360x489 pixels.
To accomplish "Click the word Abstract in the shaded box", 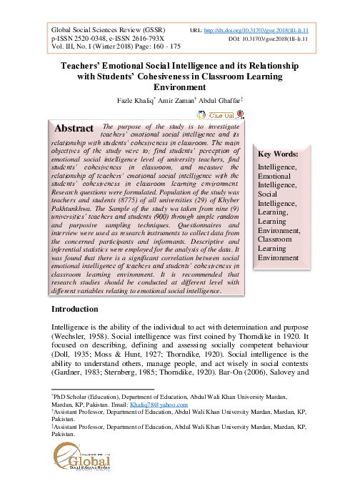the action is pos(75,129).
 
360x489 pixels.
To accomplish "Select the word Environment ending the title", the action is pos(179,87).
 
